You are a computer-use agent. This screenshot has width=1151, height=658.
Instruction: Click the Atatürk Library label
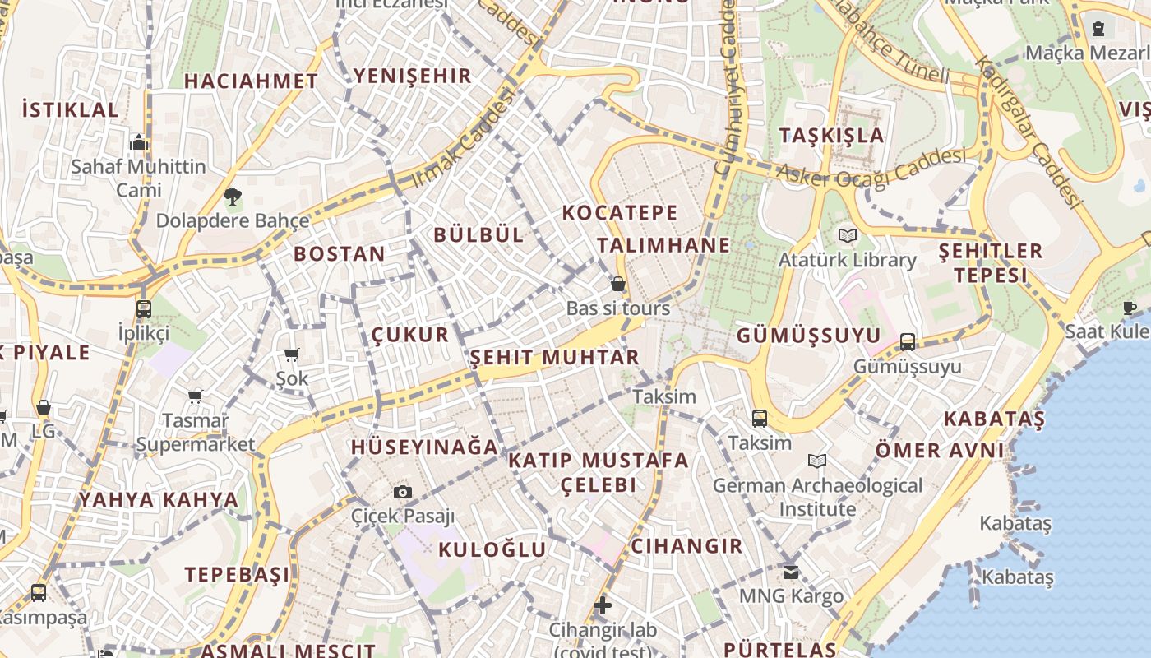coord(848,260)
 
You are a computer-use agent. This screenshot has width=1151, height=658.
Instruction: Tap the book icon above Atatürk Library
coord(848,236)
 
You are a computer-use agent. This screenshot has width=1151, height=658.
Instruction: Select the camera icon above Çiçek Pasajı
coord(403,492)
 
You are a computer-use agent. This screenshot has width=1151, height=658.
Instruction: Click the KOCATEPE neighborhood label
coord(620,213)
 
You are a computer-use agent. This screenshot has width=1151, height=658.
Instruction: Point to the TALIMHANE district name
coord(663,245)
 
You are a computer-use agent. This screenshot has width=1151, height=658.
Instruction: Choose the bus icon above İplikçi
coord(144,309)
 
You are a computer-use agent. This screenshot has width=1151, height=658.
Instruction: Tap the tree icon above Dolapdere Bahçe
coord(233,196)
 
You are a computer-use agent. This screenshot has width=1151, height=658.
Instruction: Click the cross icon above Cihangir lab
coord(603,606)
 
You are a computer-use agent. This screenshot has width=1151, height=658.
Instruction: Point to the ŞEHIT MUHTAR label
coord(554,358)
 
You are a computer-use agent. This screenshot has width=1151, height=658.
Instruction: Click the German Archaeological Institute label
coord(817,497)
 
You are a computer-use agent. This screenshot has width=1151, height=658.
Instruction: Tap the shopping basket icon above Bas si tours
coord(618,285)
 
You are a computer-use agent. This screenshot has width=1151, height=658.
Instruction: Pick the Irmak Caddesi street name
coord(465,137)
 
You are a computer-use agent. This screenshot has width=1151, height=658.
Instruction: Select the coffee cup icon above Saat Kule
coord(1130,308)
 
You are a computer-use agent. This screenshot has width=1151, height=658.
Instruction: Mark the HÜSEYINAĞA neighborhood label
coord(424,447)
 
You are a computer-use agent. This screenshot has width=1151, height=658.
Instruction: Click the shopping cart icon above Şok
coord(292,355)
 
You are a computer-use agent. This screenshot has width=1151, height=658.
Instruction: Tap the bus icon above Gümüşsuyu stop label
coord(908,341)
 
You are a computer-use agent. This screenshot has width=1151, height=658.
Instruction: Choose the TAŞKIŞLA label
coord(831,136)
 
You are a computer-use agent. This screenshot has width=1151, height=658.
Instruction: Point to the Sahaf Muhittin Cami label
coord(138,178)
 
